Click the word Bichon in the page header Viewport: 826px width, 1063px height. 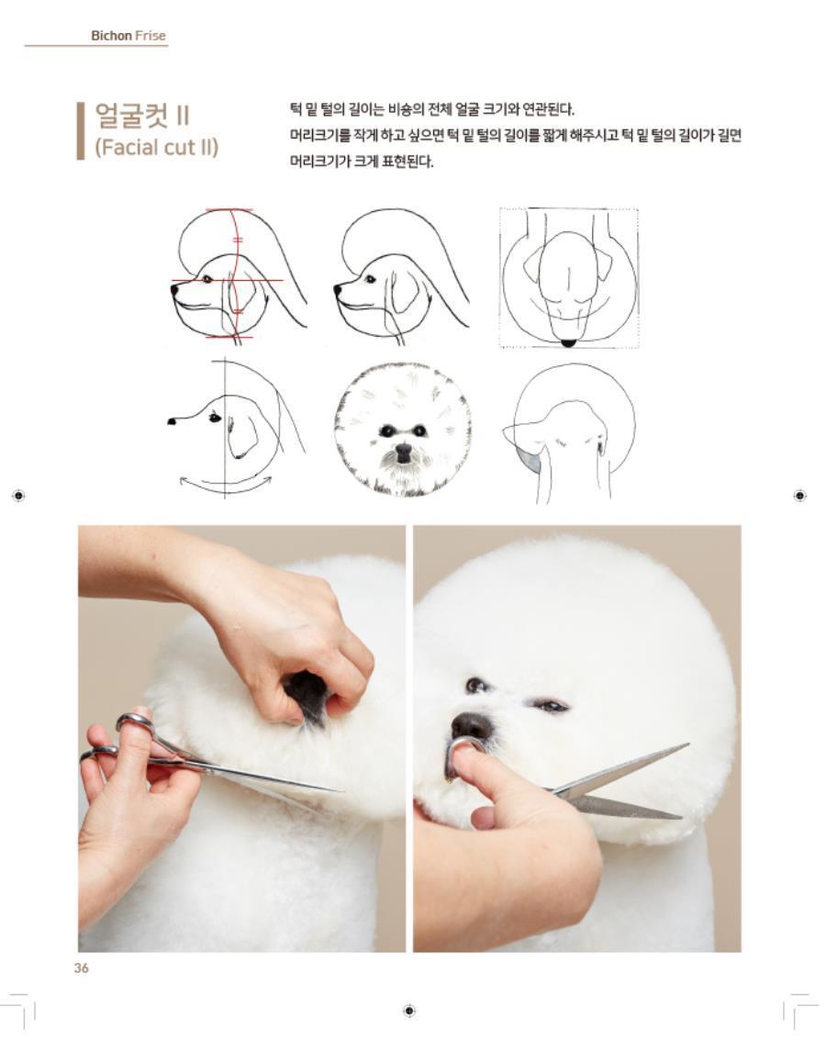111,36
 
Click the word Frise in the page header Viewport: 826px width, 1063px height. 151,36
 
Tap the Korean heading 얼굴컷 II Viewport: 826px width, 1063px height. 141,116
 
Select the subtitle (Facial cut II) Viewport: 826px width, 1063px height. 157,147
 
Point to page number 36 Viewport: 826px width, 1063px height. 82,968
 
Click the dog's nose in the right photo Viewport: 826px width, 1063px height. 472,726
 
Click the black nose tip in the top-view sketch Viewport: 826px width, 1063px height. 569,342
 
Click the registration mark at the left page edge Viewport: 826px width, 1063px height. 19,496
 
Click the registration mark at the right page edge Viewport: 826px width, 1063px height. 799,496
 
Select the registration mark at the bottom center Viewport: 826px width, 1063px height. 409,1011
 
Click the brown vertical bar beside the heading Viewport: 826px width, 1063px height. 81,131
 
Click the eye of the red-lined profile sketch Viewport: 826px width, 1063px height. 206,279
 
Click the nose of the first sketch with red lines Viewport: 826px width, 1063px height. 174,289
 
